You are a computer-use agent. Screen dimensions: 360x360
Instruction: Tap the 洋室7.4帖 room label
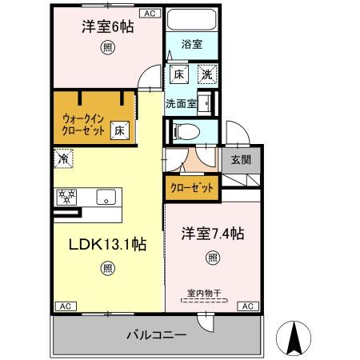click(212, 234)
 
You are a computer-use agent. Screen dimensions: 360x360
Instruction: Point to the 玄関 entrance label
click(241, 159)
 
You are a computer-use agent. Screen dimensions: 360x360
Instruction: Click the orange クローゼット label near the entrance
click(192, 188)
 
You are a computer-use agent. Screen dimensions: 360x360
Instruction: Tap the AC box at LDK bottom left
click(66, 306)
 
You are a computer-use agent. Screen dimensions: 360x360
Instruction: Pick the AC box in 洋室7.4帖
click(246, 306)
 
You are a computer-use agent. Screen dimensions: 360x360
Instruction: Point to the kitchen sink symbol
click(103, 197)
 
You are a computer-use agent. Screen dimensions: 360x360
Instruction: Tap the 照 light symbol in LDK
click(107, 269)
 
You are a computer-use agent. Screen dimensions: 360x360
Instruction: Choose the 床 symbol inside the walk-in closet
click(118, 129)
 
